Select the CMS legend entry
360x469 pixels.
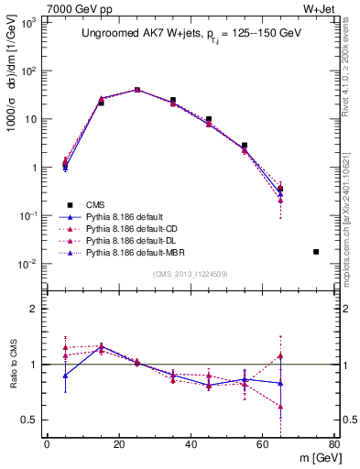[94, 204]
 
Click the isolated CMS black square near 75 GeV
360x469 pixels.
[316, 251]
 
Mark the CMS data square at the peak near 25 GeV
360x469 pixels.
[137, 90]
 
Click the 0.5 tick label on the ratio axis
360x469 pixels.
[32, 420]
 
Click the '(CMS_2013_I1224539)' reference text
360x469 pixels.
[191, 273]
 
